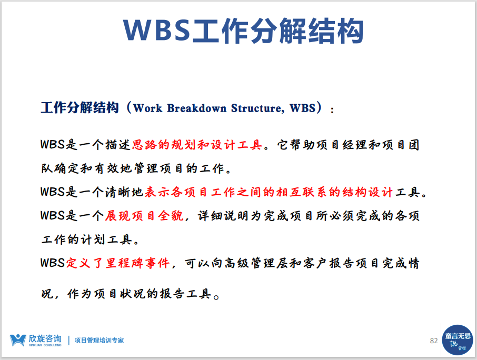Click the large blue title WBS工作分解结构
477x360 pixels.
[x=243, y=31]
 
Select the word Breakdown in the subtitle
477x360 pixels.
[x=196, y=108]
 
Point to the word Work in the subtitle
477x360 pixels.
[x=148, y=108]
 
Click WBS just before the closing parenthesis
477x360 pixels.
[x=303, y=108]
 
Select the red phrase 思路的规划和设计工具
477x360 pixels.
[x=197, y=145]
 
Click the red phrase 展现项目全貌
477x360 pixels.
[x=144, y=216]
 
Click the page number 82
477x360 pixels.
[x=434, y=341]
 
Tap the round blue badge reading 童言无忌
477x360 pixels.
[x=458, y=340]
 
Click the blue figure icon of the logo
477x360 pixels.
[x=18, y=340]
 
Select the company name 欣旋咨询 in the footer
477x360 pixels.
[x=45, y=338]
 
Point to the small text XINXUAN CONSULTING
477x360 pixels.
[x=45, y=345]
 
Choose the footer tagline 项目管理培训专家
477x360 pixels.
[x=99, y=340]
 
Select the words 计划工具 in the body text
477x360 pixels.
[x=106, y=239]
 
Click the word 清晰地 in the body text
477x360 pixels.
[x=124, y=192]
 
